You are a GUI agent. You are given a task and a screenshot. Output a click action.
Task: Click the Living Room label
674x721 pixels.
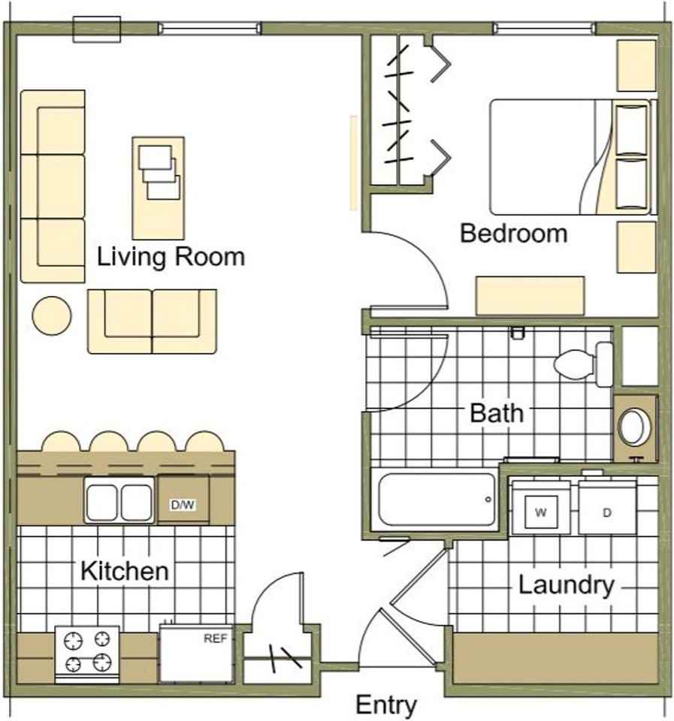[171, 257]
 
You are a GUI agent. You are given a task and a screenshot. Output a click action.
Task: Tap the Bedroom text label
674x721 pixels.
[513, 233]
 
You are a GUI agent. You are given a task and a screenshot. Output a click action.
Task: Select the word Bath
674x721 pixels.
[497, 413]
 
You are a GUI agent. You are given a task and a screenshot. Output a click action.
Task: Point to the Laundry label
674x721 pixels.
[567, 586]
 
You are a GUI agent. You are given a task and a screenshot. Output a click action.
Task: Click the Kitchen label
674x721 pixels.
[124, 571]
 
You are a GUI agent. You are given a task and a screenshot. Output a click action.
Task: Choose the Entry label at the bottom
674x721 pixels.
[386, 705]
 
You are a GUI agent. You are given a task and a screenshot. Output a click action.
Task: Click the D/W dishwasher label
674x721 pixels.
[183, 505]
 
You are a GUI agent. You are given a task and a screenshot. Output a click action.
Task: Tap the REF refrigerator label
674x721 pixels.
[216, 638]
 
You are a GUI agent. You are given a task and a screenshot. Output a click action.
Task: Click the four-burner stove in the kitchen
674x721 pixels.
[87, 654]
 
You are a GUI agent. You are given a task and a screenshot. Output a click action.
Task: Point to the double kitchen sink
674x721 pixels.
[119, 500]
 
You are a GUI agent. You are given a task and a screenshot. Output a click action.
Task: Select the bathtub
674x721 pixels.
[436, 499]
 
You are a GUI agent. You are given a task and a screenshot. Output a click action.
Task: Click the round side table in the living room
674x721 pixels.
[52, 316]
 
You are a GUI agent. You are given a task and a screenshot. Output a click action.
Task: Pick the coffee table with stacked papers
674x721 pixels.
[159, 188]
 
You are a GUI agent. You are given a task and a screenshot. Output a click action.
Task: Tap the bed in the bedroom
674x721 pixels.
[573, 157]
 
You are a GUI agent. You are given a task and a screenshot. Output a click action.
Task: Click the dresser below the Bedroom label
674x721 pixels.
[530, 296]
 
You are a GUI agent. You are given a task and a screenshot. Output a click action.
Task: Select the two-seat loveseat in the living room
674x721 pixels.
[152, 321]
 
